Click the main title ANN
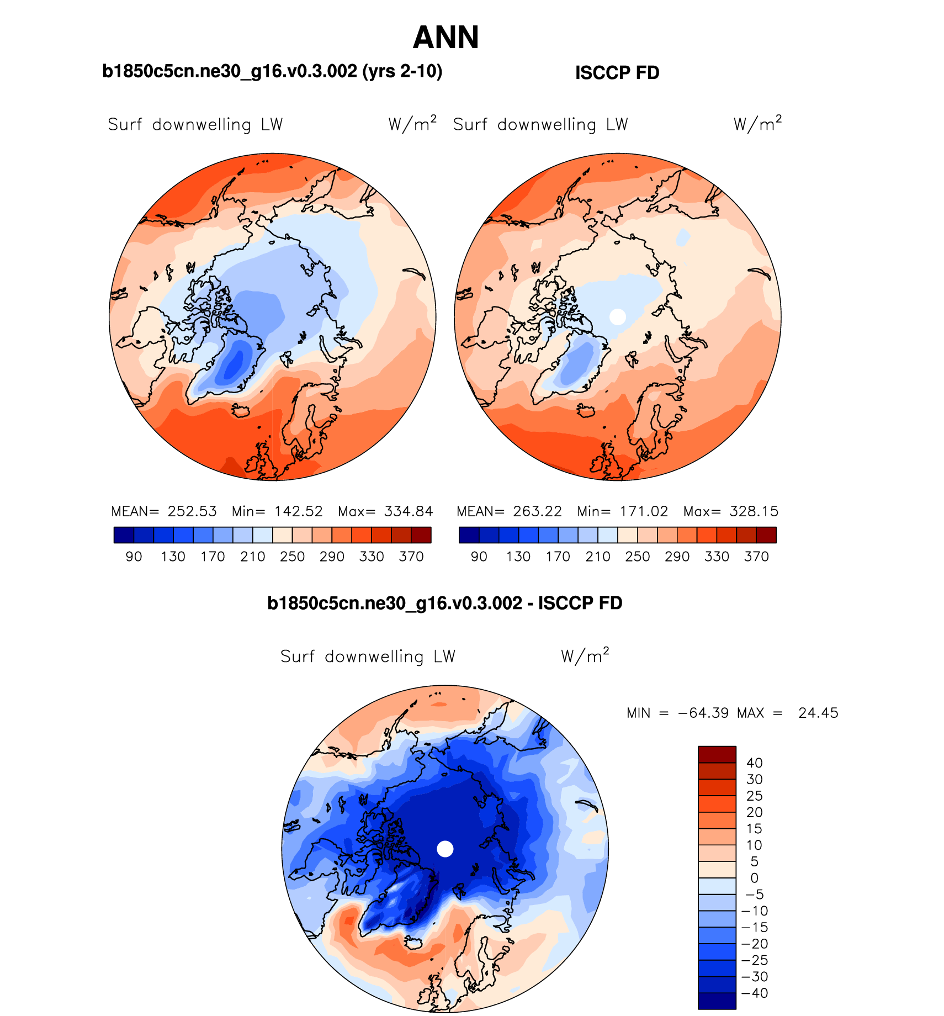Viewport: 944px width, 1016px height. [446, 38]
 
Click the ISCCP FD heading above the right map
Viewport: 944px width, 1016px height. [617, 73]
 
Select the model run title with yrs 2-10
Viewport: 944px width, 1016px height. [272, 71]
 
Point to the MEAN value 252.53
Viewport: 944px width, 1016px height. [192, 511]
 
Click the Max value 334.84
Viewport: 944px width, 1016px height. [409, 511]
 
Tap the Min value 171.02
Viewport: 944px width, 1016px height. [644, 511]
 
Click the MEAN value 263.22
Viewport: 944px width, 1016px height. [537, 511]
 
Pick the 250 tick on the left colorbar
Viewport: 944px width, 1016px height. [292, 557]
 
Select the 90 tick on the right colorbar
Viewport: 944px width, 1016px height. [479, 557]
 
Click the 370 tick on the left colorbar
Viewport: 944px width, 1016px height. [411, 557]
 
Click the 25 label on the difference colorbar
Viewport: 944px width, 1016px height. [754, 796]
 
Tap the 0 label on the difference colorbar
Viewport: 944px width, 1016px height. [754, 878]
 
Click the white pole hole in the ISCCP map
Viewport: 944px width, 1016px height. [618, 316]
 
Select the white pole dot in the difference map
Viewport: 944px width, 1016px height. [445, 849]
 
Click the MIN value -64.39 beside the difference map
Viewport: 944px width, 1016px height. [703, 713]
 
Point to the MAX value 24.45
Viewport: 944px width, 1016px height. [818, 713]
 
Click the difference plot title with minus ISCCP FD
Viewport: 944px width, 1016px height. [444, 603]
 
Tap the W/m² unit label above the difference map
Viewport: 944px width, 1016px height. [585, 656]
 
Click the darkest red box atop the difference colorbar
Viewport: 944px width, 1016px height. [717, 754]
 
